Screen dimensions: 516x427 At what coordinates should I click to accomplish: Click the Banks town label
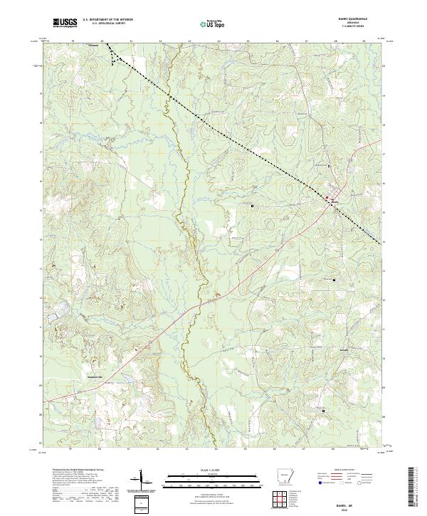click(334, 203)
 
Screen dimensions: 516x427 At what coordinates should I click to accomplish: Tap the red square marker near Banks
click(327, 197)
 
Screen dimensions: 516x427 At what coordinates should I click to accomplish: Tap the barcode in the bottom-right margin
click(416, 490)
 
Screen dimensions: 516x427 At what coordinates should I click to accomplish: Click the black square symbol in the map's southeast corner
click(325, 411)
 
